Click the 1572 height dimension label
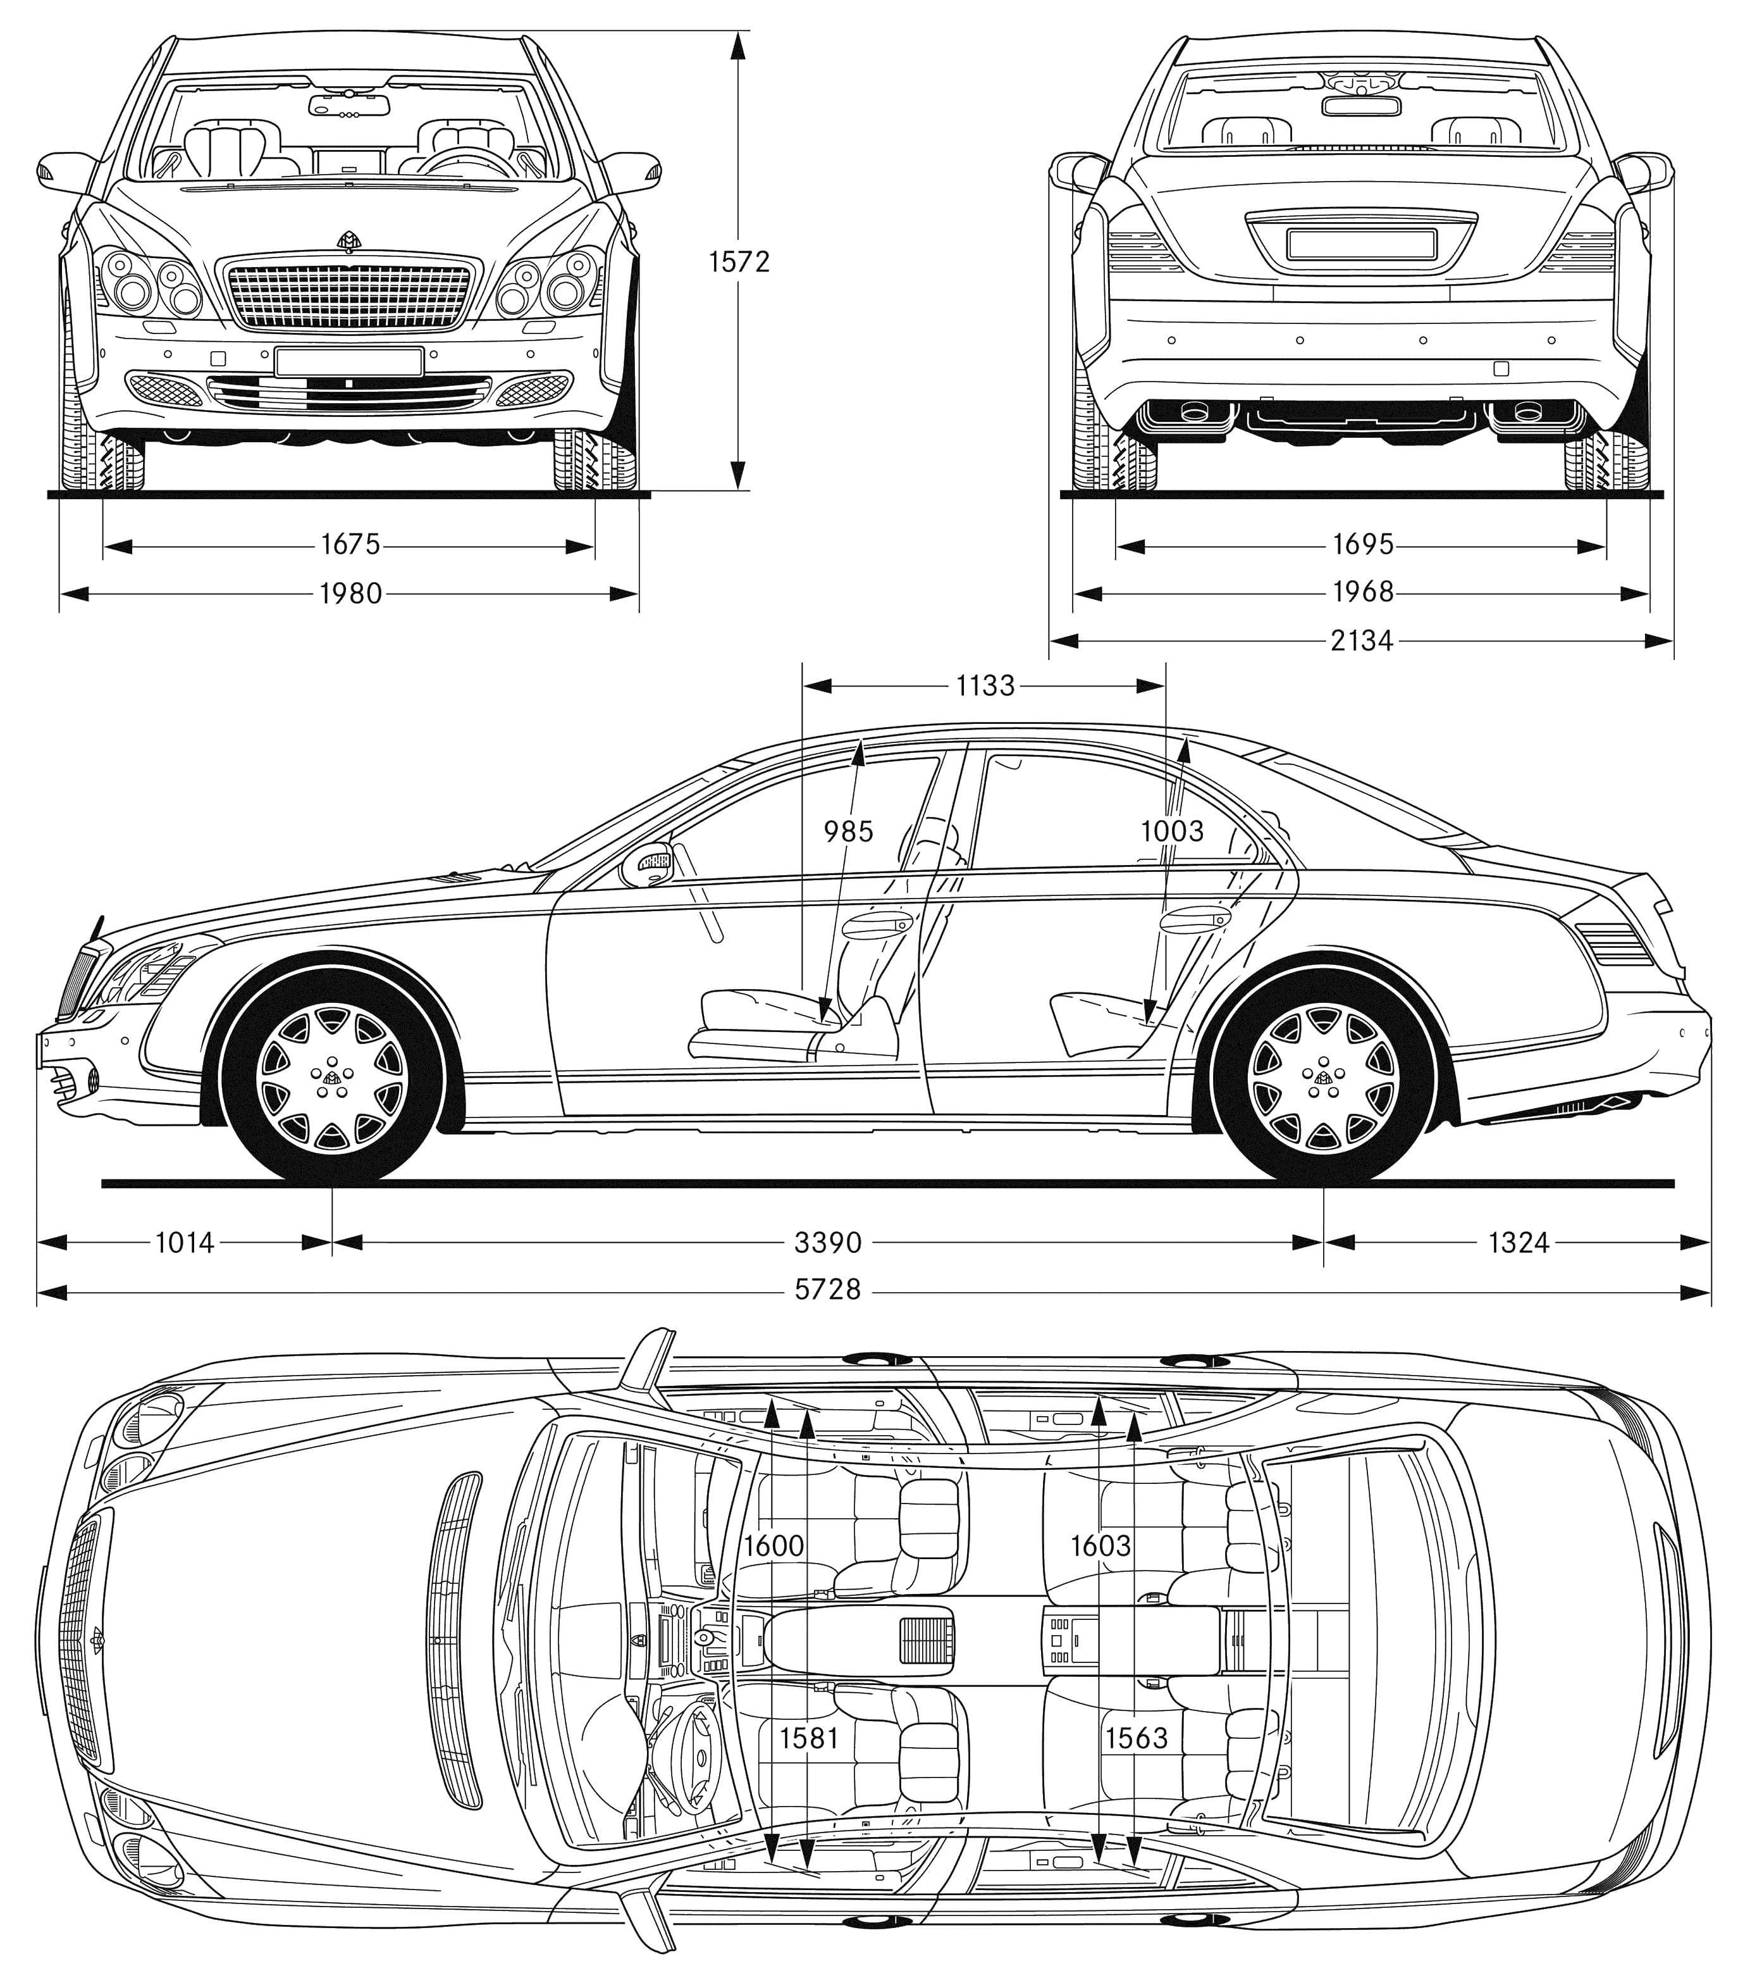coord(739,262)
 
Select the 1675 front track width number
coord(350,545)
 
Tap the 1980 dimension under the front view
coord(350,594)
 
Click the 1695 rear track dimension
coord(1362,545)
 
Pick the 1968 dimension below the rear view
coord(1362,592)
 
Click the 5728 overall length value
coord(828,1290)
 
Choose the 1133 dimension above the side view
coord(985,685)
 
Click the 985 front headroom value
coord(849,831)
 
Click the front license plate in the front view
coord(348,363)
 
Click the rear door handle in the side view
coord(1194,921)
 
